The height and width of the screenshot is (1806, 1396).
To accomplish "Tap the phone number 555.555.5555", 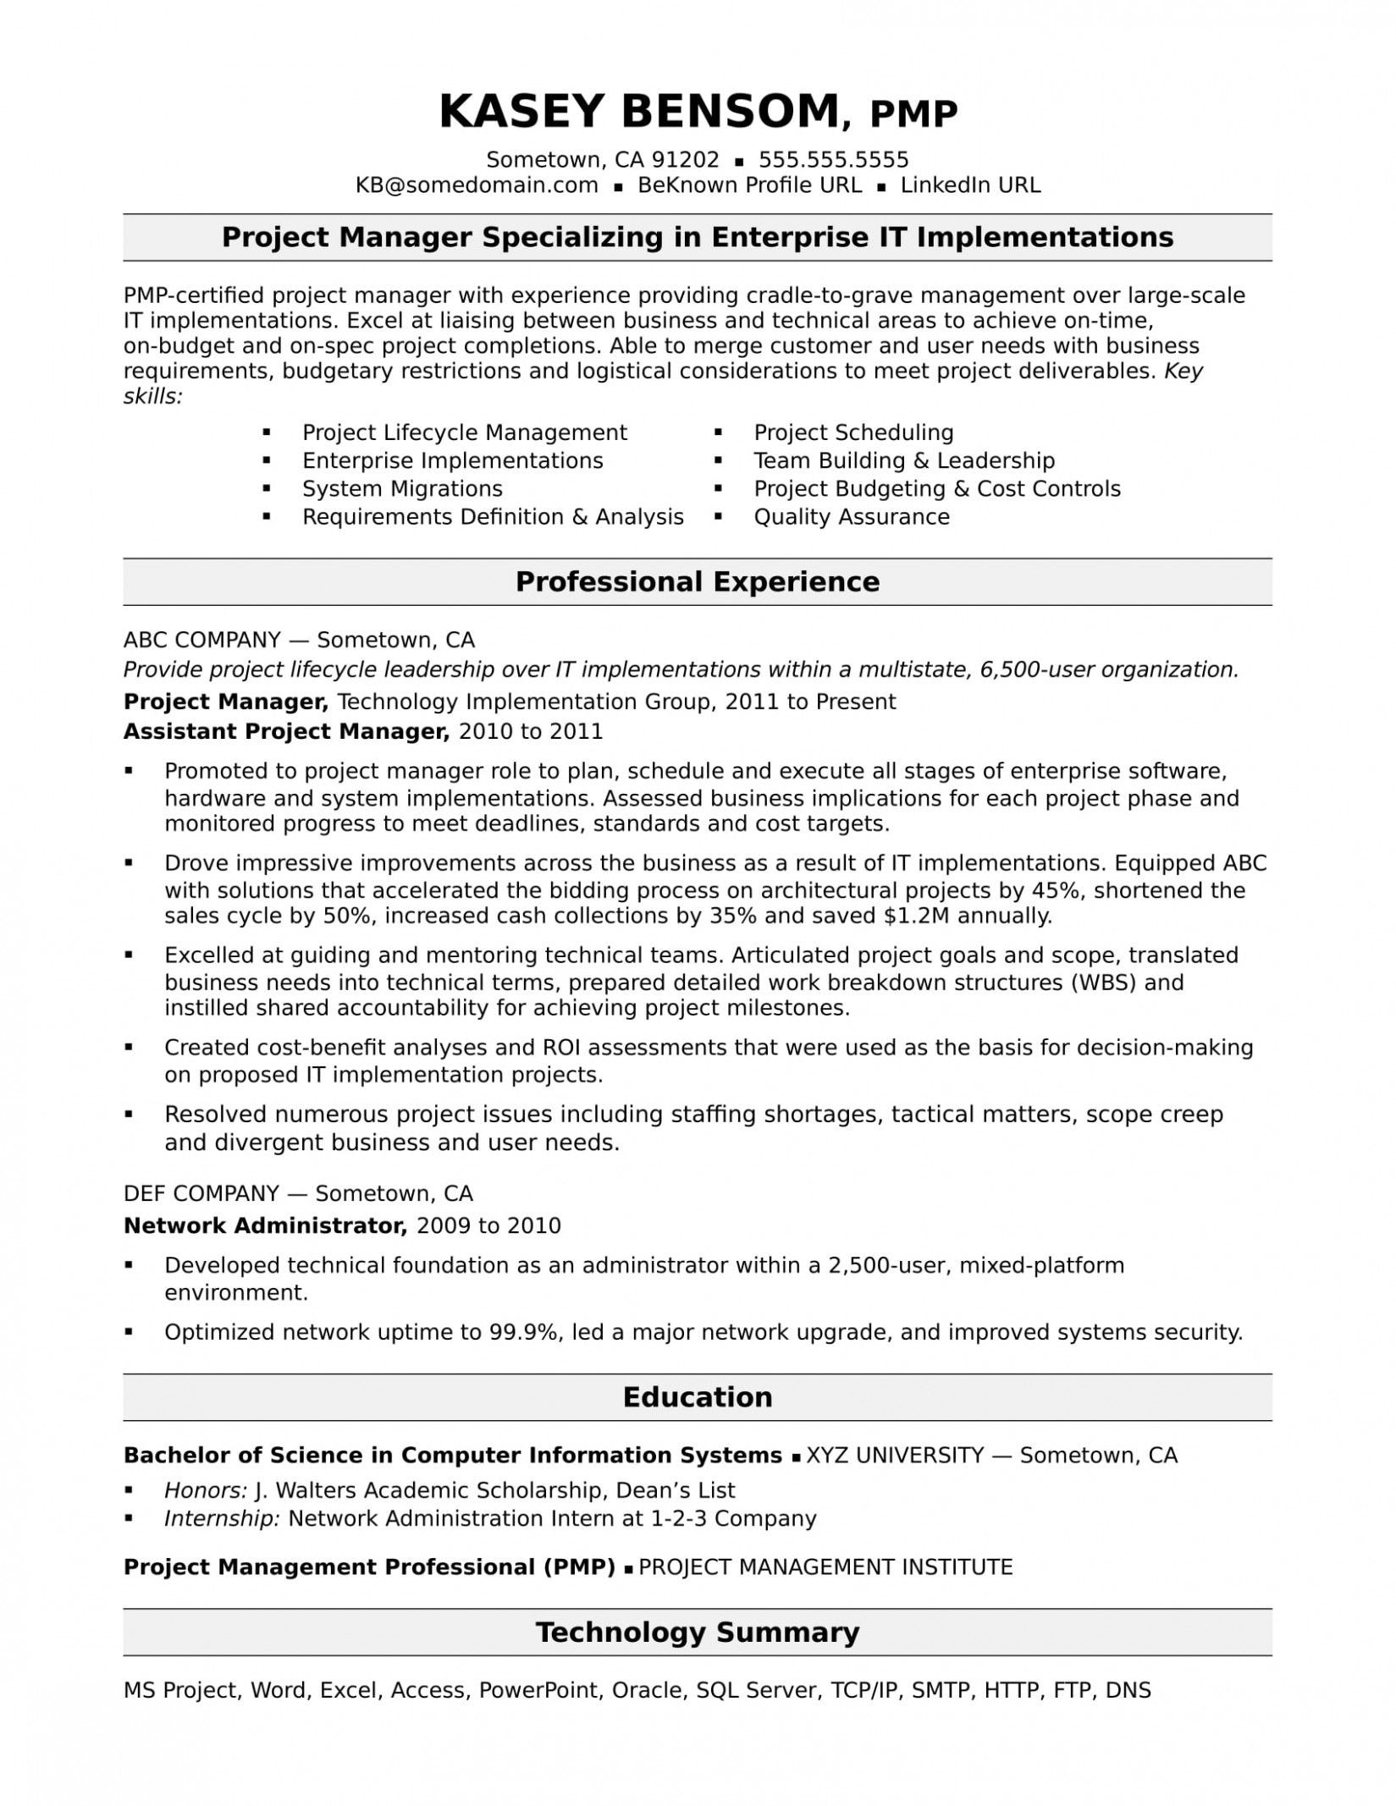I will pos(833,160).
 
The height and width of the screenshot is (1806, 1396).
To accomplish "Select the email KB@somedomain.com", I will pos(476,185).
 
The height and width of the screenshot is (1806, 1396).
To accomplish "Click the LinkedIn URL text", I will pos(970,185).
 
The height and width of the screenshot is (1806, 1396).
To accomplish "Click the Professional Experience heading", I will pos(698,581).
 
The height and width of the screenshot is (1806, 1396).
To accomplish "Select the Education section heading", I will pos(698,1396).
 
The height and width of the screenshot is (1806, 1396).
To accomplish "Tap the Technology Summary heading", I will pos(698,1632).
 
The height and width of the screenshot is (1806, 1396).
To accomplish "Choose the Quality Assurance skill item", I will pos(851,516).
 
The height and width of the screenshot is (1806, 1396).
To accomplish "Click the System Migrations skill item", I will pos(402,488).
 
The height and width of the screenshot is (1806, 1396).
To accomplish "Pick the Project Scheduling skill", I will pos(853,432).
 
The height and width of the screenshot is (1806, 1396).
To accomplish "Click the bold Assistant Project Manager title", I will pos(286,731).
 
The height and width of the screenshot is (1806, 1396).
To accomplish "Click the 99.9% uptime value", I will pos(524,1332).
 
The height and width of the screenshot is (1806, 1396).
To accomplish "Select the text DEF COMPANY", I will pos(201,1193).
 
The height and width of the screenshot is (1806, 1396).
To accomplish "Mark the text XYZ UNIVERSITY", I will pos(895,1455).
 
